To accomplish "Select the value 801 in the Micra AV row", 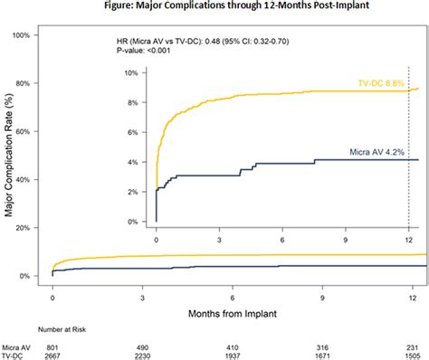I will point(53,347).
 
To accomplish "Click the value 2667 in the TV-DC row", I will point(53,356).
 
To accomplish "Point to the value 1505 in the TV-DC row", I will point(412,356).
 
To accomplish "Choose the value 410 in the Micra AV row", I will point(233,347).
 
